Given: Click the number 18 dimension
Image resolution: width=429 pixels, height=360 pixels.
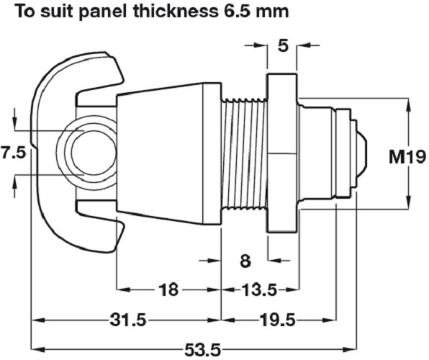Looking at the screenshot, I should [x=168, y=290].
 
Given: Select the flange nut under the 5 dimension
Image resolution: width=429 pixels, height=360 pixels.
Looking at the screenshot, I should [x=282, y=153].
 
